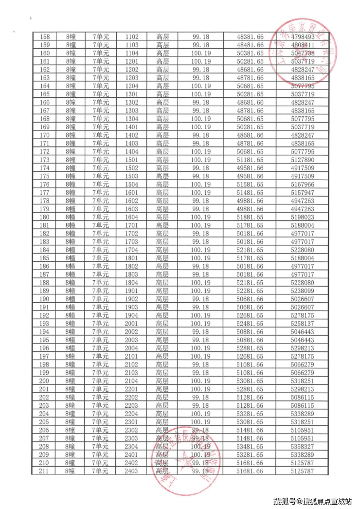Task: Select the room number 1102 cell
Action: click(x=132, y=36)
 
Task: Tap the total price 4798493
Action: click(x=302, y=36)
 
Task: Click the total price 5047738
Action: click(x=302, y=53)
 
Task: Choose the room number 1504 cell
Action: click(x=132, y=184)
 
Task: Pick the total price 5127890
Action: click(x=302, y=160)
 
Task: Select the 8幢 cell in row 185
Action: click(x=70, y=258)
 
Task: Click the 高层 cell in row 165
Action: click(x=162, y=94)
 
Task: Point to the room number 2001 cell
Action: click(x=132, y=324)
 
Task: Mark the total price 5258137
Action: click(x=302, y=324)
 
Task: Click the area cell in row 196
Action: click(x=200, y=348)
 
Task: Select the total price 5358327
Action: click(x=302, y=446)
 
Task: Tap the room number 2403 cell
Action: click(x=132, y=471)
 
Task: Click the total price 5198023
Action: click(x=302, y=217)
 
